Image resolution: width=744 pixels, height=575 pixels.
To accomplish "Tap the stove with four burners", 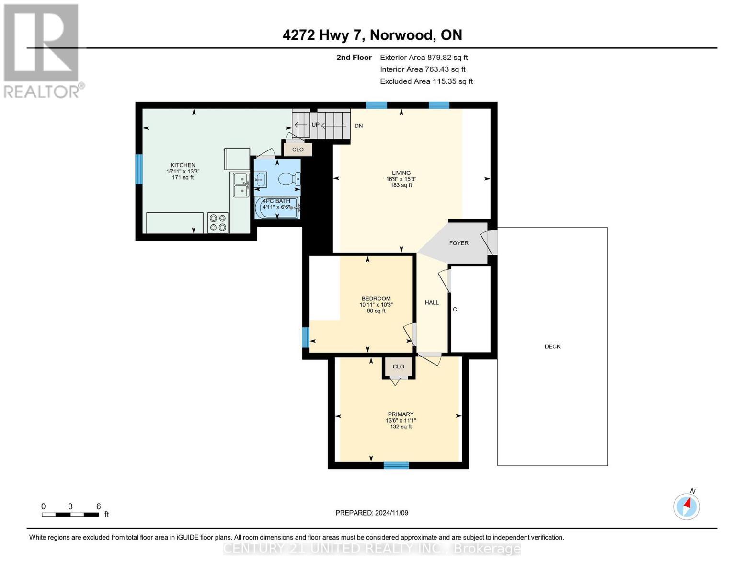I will point(218,223).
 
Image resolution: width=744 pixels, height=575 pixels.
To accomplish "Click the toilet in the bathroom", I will point(288,179).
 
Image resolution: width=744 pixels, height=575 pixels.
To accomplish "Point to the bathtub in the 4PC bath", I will point(277,208).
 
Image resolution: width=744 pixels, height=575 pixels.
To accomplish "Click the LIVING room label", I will point(401,173).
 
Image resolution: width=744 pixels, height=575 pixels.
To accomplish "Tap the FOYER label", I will point(458,243).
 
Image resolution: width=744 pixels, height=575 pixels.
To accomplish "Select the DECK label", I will point(552,346).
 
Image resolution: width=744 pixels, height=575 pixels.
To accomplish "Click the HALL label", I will point(432,302).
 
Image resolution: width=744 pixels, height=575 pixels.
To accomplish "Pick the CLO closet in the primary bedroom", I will point(398,367).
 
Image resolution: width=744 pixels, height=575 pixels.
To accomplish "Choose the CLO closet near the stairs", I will point(298,149).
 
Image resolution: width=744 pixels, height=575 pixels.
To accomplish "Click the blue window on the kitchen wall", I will point(139,169).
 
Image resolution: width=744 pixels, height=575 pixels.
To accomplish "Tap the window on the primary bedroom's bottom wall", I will point(396,465).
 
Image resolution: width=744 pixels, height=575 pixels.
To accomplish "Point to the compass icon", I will point(687,506).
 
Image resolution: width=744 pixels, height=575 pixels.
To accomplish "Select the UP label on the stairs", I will point(315,125).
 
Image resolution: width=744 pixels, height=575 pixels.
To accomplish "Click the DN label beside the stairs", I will point(358,126).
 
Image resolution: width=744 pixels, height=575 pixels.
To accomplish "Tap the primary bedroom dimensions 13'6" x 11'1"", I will point(401,421).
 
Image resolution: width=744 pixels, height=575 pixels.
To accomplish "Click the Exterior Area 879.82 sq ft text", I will point(424,57).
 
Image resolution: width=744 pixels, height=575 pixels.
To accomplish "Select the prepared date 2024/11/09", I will point(372,513).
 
